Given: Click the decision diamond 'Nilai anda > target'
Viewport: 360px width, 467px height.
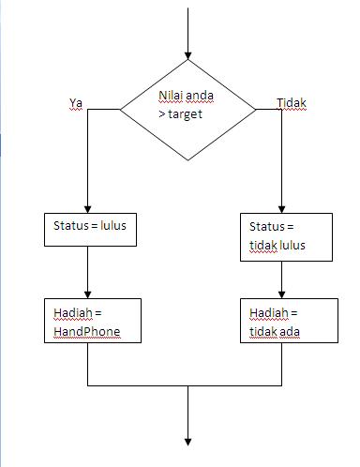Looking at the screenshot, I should coord(188,110).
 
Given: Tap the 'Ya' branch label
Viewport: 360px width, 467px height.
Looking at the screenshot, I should coord(77,103).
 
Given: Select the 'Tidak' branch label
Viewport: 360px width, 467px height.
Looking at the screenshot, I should coord(292,103).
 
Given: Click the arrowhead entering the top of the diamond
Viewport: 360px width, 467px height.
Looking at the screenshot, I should coord(188,55).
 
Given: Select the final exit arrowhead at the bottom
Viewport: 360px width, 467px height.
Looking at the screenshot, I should coord(188,441).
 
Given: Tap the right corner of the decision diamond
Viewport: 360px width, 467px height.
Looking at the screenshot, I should coord(255,110).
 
